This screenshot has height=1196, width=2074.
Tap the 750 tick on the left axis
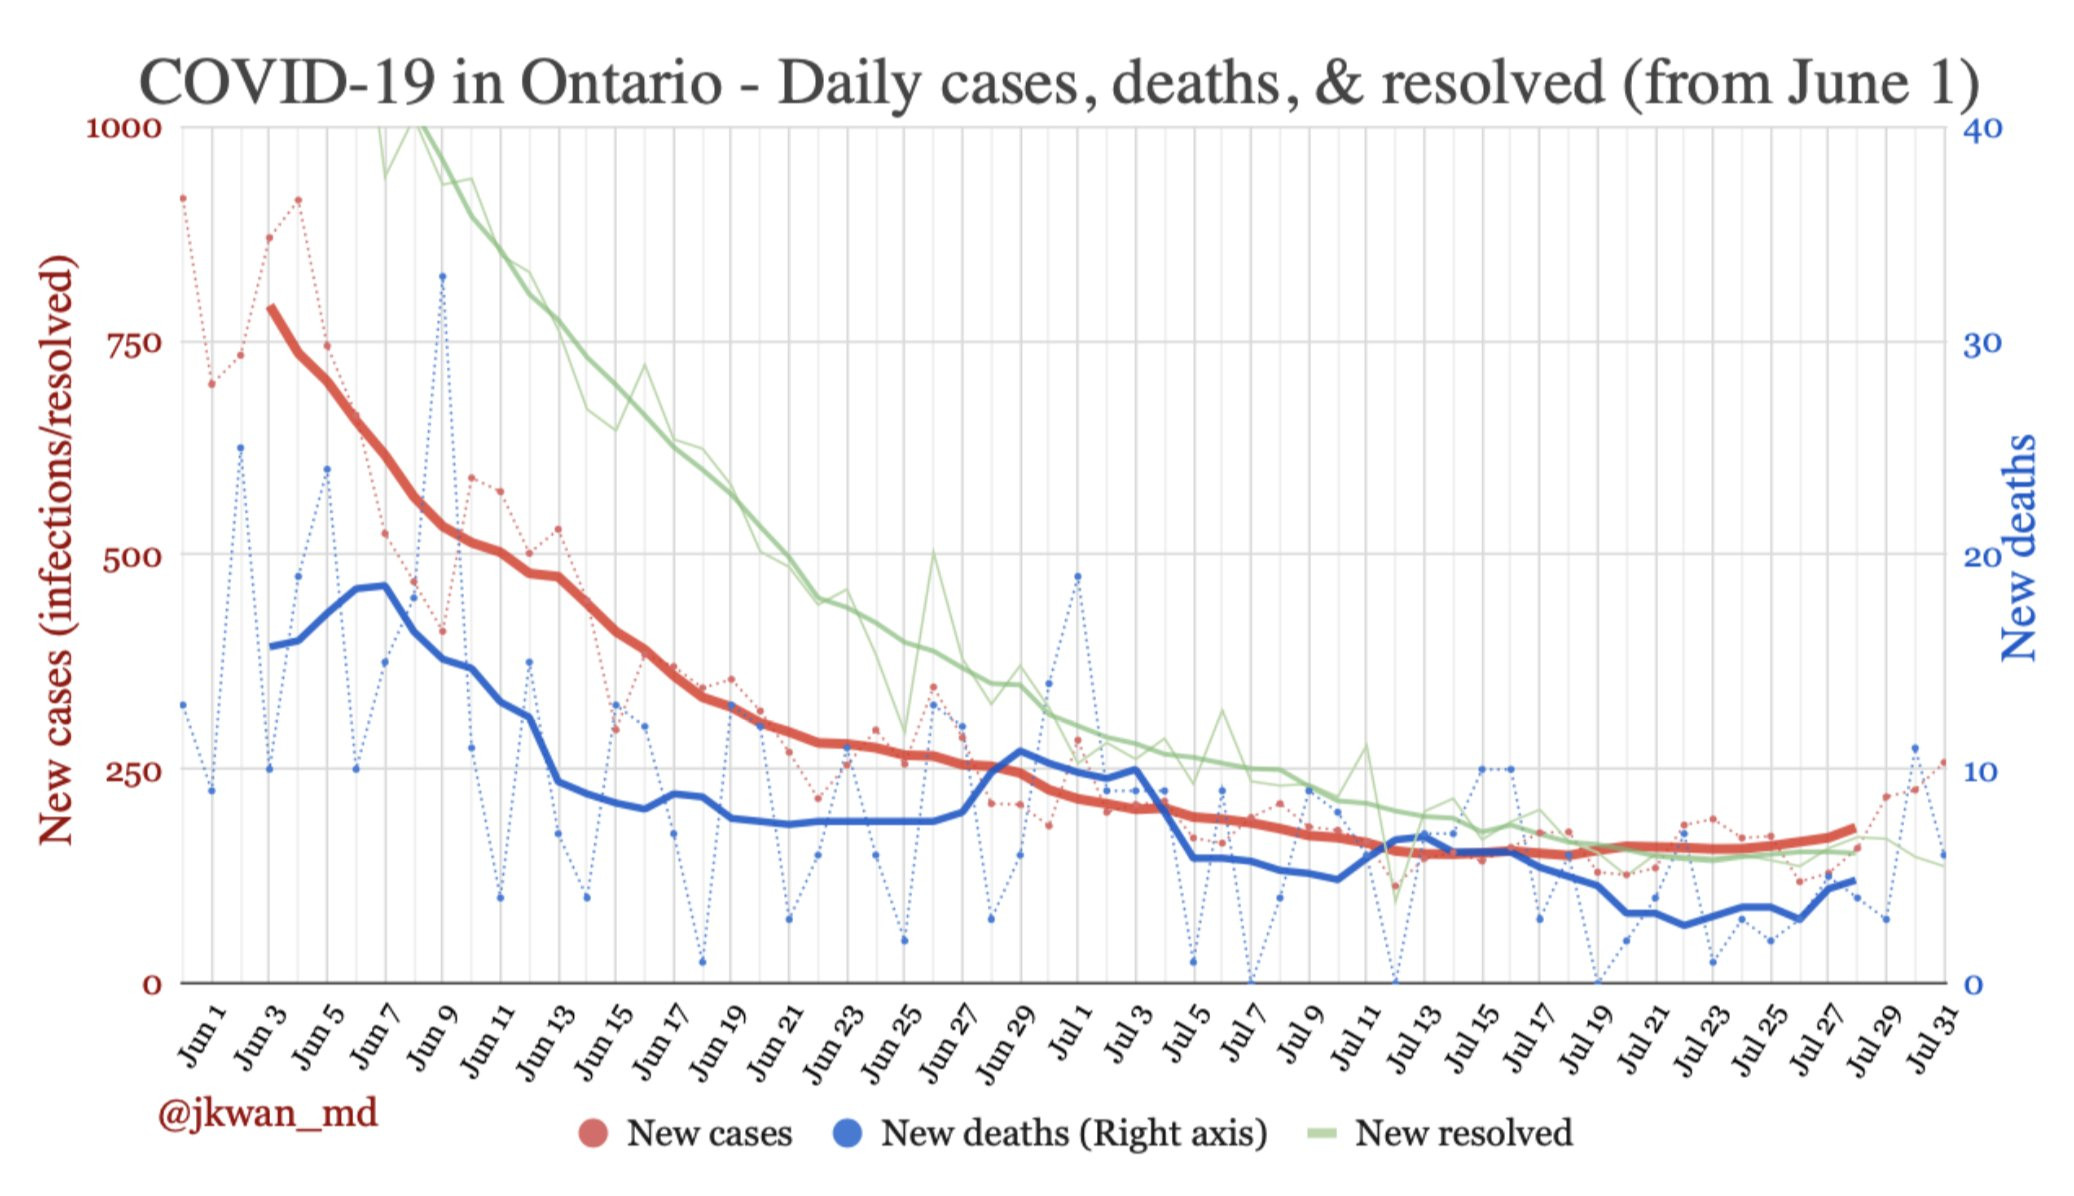[x=133, y=344]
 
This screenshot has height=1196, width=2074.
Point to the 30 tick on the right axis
[x=1982, y=344]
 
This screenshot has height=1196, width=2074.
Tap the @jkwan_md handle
[x=267, y=1113]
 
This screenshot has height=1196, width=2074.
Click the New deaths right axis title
[x=2018, y=548]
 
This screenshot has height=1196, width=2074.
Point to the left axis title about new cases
[x=57, y=549]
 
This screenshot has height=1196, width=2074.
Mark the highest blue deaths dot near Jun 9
[x=442, y=277]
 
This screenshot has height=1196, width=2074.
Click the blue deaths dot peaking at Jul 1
[x=1077, y=576]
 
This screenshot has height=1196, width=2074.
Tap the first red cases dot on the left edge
[x=183, y=198]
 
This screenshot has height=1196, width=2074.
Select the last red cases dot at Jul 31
[x=1943, y=762]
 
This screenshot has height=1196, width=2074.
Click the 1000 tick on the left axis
[x=123, y=128]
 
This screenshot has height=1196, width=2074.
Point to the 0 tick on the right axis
[x=1973, y=985]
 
